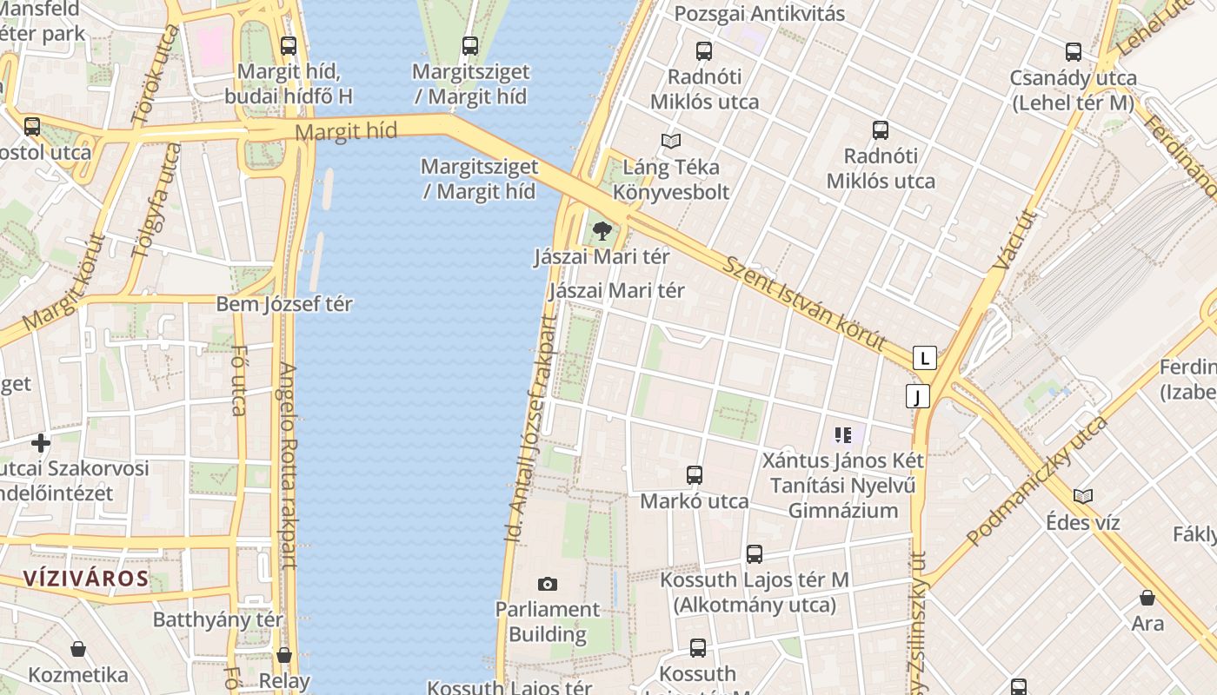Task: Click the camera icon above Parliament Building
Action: [x=547, y=584]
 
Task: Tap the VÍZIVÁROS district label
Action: [x=85, y=579]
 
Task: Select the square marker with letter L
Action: [x=925, y=357]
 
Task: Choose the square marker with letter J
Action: [x=917, y=396]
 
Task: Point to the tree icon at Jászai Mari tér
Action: [x=602, y=231]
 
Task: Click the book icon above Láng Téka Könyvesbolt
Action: [x=670, y=141]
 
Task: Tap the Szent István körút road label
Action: [x=803, y=302]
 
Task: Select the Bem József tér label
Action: [x=284, y=304]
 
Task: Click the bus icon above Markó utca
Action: [x=694, y=475]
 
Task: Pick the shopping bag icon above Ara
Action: [x=1147, y=598]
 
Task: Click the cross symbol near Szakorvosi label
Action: [x=41, y=443]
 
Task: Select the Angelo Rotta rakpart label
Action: [x=288, y=465]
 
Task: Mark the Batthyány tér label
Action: [x=217, y=619]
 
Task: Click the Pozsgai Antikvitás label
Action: [x=760, y=14]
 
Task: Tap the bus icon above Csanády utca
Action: [x=1074, y=52]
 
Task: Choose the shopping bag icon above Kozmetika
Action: [x=78, y=649]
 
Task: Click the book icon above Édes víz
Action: [x=1082, y=496]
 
